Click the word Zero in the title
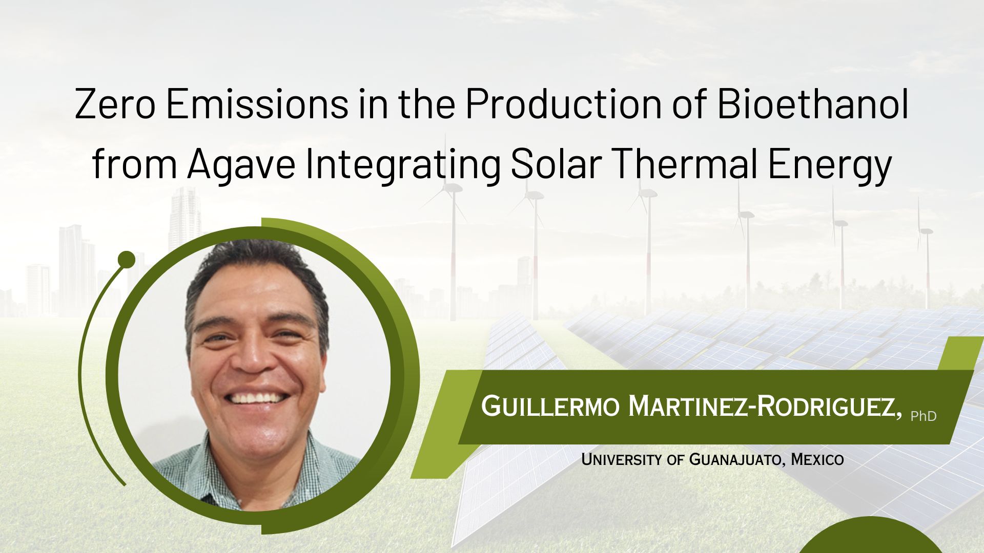114,104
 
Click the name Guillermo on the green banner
550,407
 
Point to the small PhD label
924,416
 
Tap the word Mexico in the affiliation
817,459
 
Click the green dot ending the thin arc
126,260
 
